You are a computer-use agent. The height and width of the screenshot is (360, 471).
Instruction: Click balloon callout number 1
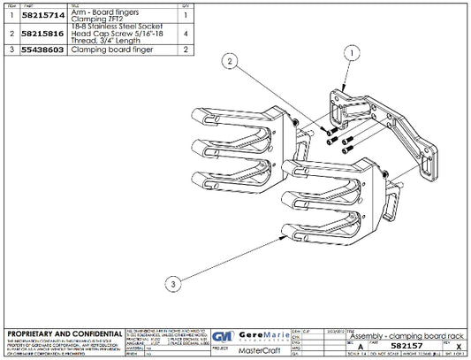point(353,53)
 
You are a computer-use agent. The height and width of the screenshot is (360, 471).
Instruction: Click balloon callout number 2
point(230,62)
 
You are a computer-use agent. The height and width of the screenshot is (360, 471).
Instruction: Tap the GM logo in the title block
point(224,337)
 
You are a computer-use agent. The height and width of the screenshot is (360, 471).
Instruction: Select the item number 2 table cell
point(10,34)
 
